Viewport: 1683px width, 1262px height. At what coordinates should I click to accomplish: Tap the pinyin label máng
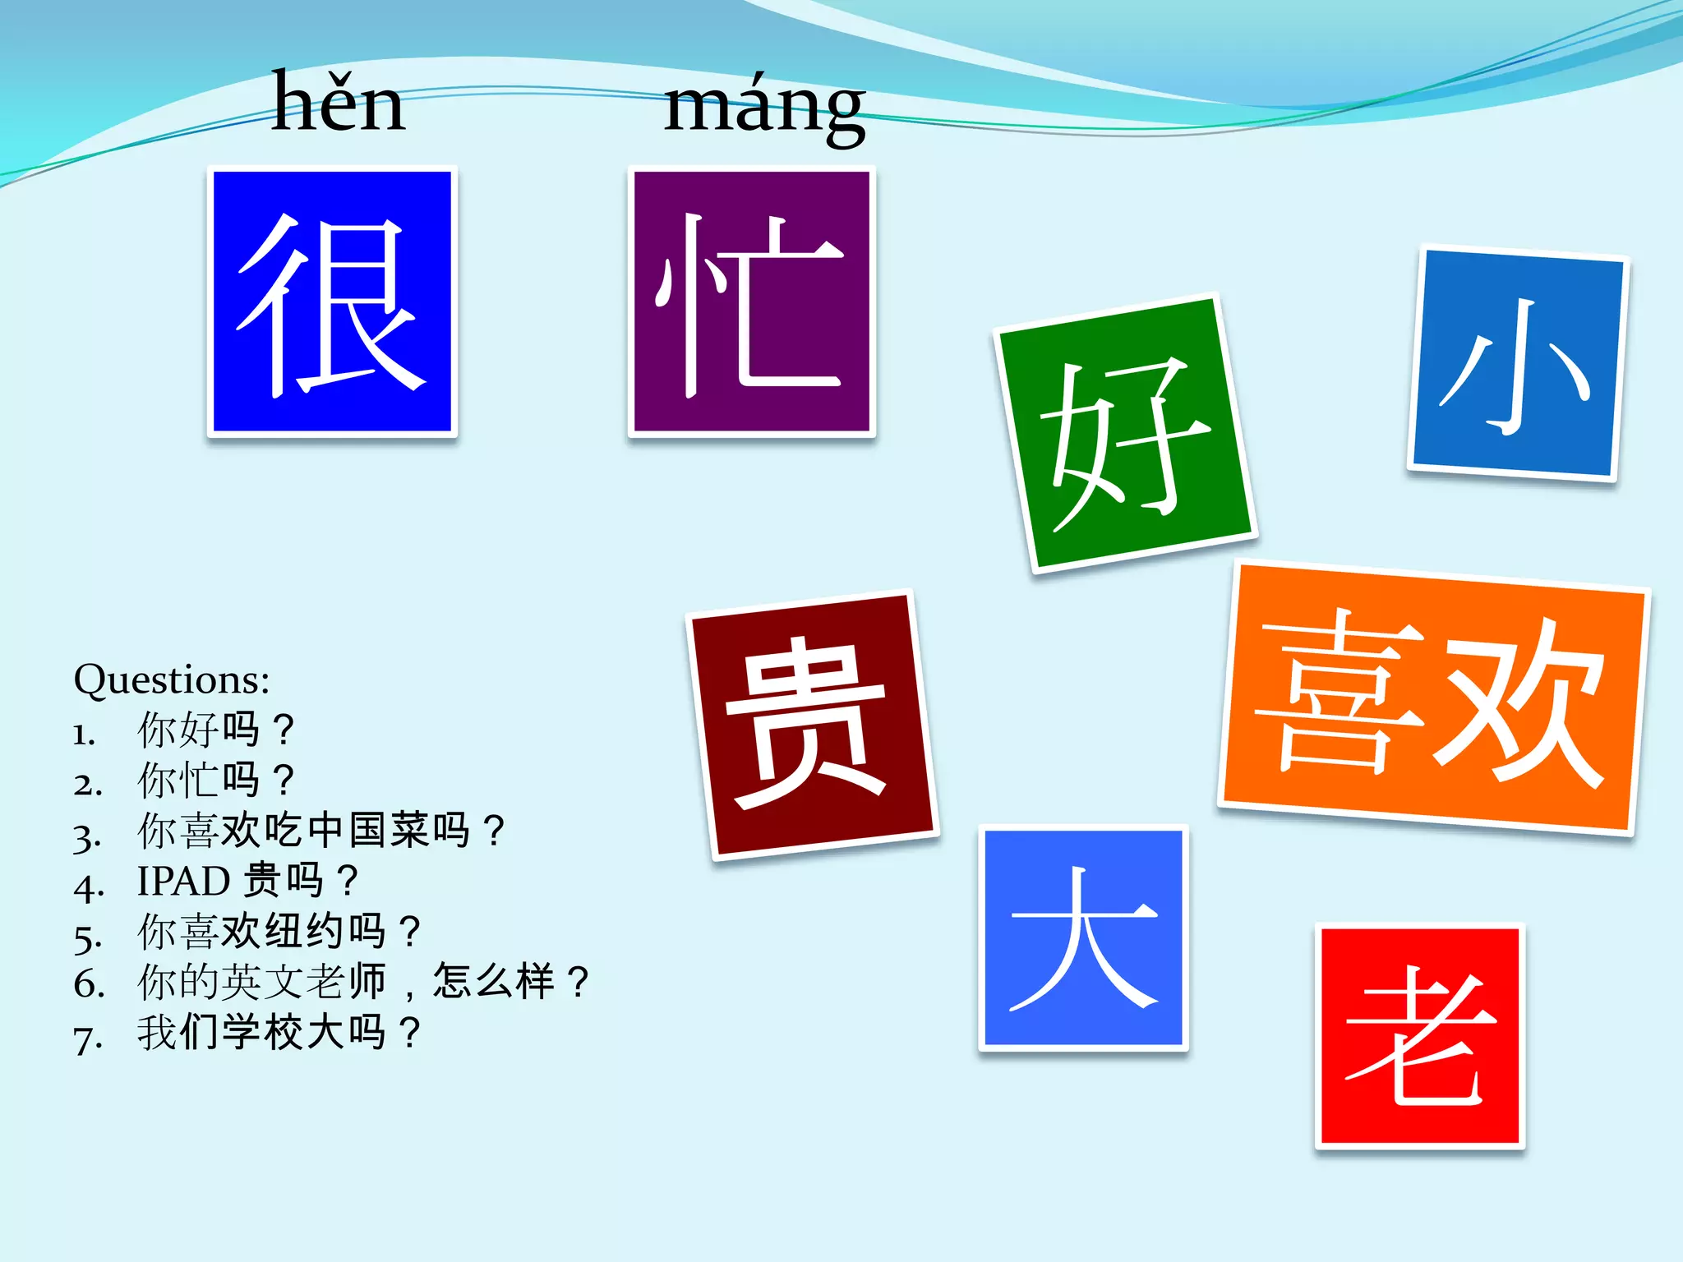click(x=764, y=107)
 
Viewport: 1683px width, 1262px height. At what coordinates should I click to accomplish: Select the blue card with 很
click(x=332, y=302)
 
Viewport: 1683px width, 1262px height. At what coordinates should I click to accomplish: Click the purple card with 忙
click(x=751, y=302)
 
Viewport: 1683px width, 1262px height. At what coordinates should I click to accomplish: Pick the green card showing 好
click(x=1125, y=433)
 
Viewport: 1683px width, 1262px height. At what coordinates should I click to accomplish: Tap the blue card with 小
click(x=1517, y=364)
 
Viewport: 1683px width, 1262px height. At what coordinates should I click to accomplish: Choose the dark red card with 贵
click(x=812, y=724)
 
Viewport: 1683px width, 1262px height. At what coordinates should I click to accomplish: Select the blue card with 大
click(x=1083, y=937)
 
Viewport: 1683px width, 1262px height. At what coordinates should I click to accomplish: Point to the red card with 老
click(x=1419, y=1035)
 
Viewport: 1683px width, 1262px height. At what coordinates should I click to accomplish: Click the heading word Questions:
click(x=172, y=680)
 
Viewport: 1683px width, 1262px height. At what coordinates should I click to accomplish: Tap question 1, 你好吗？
click(x=215, y=730)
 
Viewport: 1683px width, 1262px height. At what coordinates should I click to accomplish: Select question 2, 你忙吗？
click(x=215, y=780)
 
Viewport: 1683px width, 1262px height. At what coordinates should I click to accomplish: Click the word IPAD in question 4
click(x=183, y=882)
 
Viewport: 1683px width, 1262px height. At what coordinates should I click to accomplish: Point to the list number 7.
click(x=87, y=1039)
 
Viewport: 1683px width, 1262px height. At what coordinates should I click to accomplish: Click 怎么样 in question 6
click(x=493, y=981)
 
